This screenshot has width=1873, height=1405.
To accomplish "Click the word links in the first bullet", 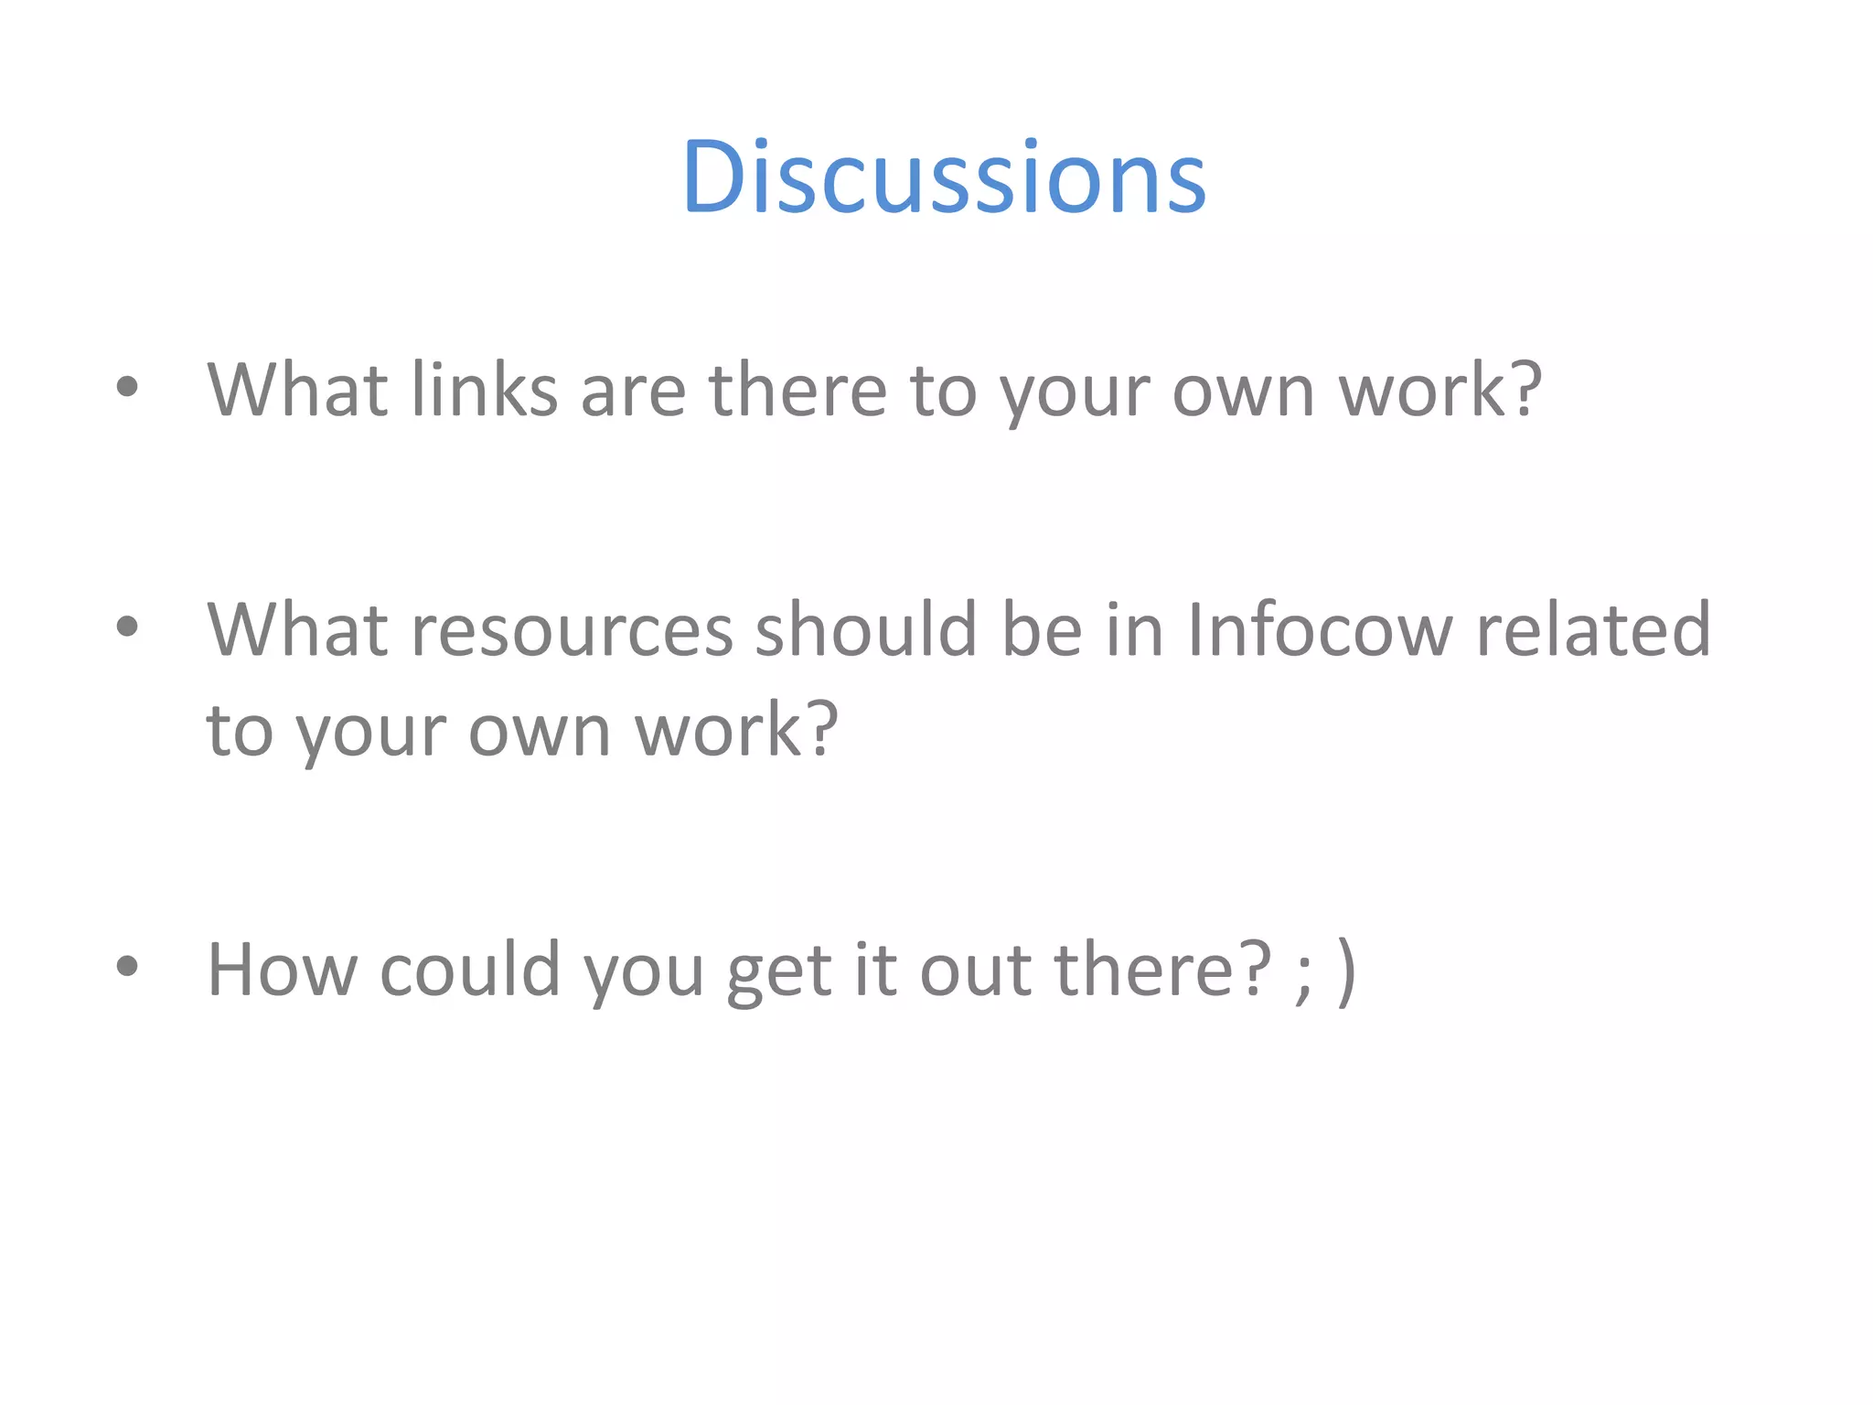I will (x=484, y=391).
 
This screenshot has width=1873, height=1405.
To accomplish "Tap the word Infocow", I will (x=1320, y=630).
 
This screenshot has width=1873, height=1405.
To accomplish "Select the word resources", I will (x=573, y=630).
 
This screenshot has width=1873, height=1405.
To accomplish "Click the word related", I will (x=1593, y=630).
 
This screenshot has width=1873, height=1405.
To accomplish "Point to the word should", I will (x=866, y=630).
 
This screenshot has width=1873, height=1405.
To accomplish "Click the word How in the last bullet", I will (x=283, y=970).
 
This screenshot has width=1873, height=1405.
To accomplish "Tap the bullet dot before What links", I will (x=127, y=387).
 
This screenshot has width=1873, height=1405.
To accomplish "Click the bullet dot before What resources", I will (x=127, y=627).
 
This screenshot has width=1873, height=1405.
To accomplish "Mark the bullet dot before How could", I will (x=127, y=966).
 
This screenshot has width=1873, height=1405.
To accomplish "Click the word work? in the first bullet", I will (x=1440, y=391).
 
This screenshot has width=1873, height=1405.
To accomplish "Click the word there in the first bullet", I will (x=797, y=391).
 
